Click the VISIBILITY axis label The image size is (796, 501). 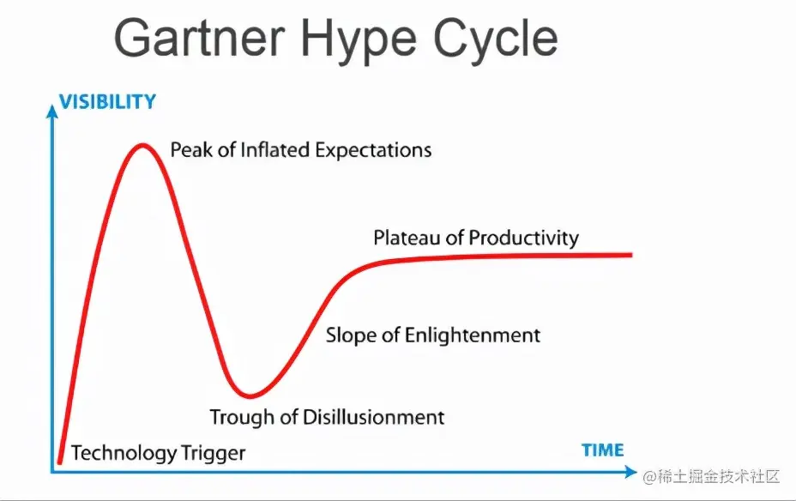click(107, 101)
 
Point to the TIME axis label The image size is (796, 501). click(603, 450)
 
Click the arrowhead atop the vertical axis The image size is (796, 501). click(51, 111)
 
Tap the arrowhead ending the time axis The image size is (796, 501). click(630, 472)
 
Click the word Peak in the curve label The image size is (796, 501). click(191, 150)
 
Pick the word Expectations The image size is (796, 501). click(374, 151)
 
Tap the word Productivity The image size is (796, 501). click(524, 238)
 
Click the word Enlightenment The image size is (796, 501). click(473, 335)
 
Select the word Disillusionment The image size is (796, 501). click(374, 417)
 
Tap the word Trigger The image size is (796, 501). click(214, 453)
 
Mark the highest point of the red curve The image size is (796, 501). click(142, 146)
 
